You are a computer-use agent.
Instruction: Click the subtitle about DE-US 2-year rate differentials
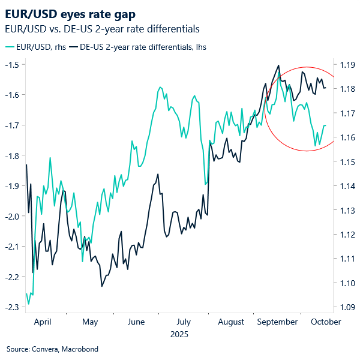click(102, 28)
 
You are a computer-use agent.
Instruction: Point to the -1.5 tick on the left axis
click(14, 64)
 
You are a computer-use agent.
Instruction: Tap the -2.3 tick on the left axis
click(14, 307)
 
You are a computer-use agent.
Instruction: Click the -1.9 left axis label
click(14, 186)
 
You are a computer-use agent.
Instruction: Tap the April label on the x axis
click(43, 322)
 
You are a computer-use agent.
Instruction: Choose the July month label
click(184, 322)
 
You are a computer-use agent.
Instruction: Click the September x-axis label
click(277, 322)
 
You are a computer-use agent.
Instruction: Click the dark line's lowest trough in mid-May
click(101, 286)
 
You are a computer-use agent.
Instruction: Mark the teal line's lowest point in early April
click(28, 304)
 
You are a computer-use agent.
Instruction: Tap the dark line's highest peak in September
click(278, 65)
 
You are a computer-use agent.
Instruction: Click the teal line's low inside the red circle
click(316, 145)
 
